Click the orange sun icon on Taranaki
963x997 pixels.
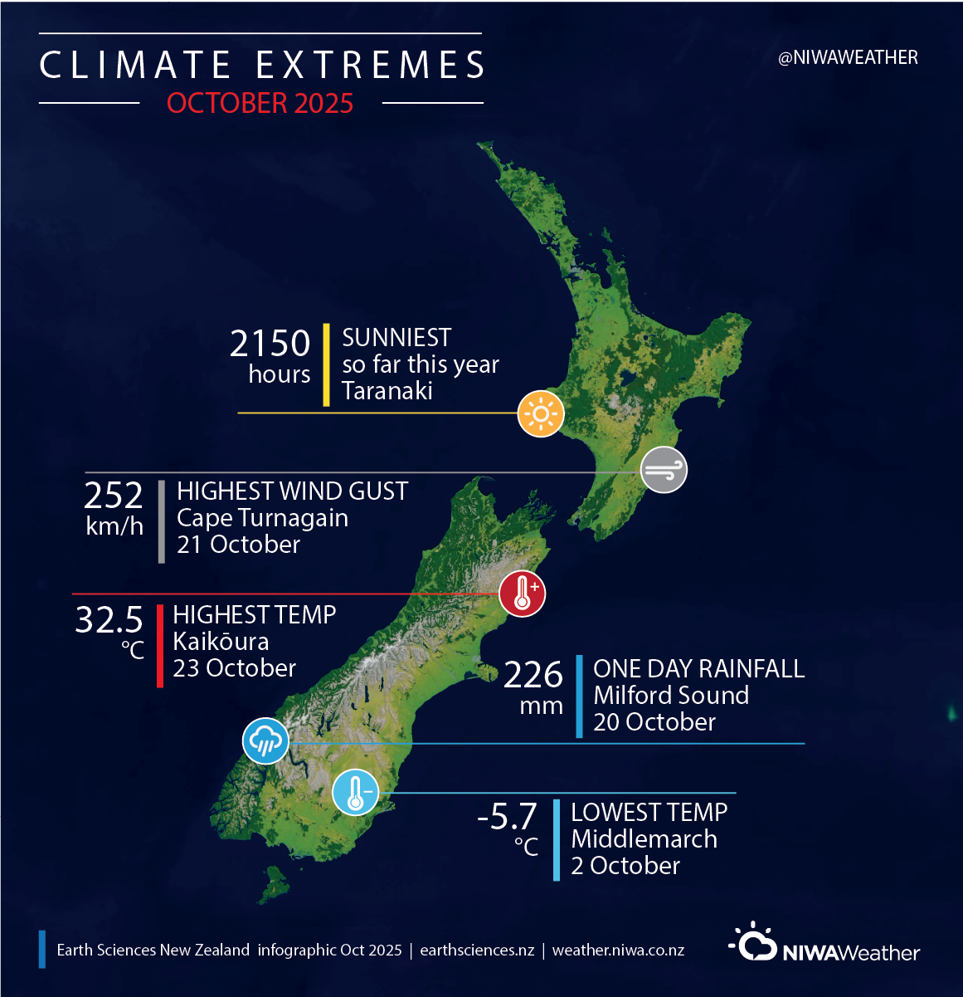[x=541, y=413]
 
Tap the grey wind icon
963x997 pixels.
[x=664, y=470]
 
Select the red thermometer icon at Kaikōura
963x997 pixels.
[x=522, y=594]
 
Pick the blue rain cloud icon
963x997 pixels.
[x=265, y=740]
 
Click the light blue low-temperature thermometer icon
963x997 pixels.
[x=356, y=792]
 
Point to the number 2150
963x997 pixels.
[x=270, y=344]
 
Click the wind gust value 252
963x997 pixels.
[x=114, y=496]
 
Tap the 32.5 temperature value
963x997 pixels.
[x=109, y=619]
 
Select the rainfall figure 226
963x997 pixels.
[x=533, y=675]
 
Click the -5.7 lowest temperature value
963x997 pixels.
[x=507, y=816]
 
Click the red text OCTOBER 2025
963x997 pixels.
[x=260, y=103]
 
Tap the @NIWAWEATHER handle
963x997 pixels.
[x=848, y=57]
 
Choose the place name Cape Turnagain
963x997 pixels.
[x=262, y=518]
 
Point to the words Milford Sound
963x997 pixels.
[x=671, y=695]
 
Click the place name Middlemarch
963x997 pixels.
[x=644, y=838]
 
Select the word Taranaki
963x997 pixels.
[x=387, y=390]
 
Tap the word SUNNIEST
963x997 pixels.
[x=396, y=338]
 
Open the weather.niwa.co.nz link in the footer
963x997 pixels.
[x=618, y=950]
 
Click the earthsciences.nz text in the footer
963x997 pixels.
[x=477, y=950]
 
